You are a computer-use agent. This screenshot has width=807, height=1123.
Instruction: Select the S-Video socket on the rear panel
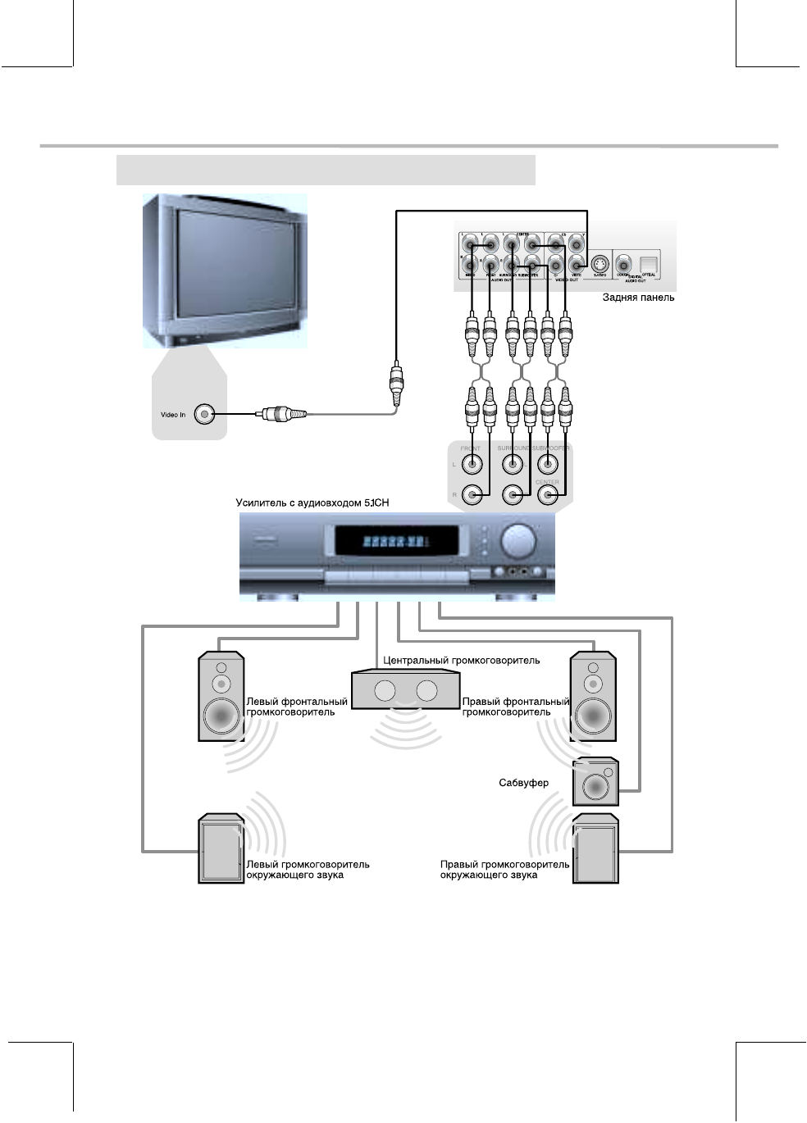point(600,264)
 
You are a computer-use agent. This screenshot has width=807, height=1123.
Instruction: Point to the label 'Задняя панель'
point(638,298)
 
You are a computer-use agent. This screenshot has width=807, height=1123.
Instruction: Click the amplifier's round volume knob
point(517,542)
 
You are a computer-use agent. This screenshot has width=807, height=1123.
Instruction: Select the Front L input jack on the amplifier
point(472,465)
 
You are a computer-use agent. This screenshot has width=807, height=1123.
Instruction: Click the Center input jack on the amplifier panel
point(547,495)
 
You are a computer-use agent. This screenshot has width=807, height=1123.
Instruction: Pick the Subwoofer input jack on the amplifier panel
point(547,465)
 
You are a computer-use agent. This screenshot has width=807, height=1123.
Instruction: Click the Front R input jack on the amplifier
point(472,495)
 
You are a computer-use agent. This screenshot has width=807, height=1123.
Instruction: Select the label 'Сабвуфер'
point(523,783)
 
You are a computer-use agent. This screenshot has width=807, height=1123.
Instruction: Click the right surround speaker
point(596,849)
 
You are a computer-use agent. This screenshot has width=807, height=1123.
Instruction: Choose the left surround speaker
point(221,849)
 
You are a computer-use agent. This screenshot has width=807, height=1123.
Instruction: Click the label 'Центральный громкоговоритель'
point(462,660)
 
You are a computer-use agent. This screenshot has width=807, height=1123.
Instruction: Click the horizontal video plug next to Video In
point(282,415)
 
